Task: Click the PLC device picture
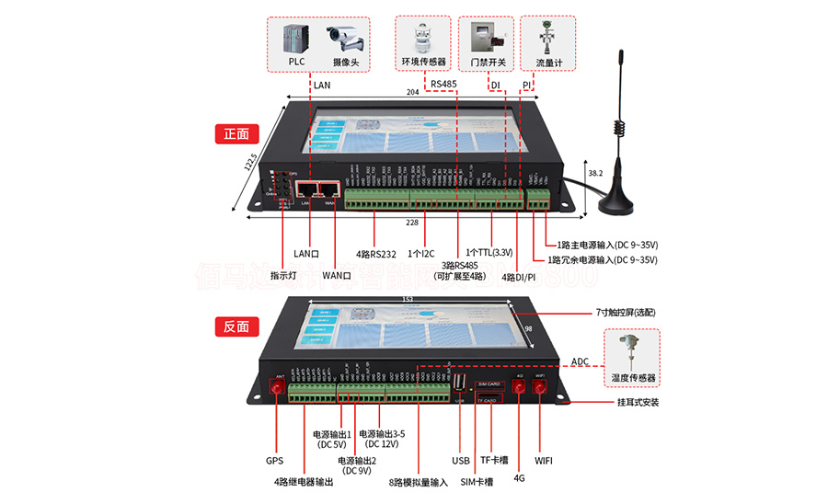296,39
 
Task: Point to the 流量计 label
548,63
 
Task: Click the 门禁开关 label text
488,63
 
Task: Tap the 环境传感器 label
424,63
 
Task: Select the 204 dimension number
414,93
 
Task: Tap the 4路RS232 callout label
375,253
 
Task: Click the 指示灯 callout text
282,275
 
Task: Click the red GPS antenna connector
275,390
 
